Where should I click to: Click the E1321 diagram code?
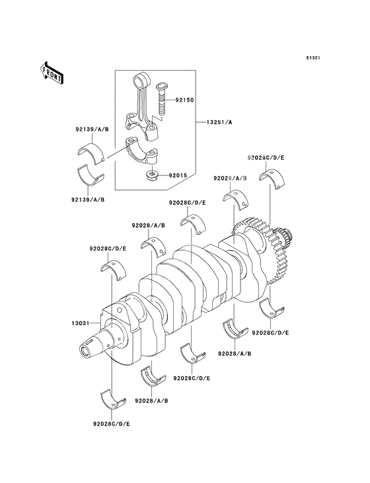[x=313, y=57]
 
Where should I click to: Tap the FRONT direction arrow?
[x=52, y=73]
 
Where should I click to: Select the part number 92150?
[x=185, y=100]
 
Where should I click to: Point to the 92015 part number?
[x=178, y=176]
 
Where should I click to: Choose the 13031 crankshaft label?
[x=80, y=323]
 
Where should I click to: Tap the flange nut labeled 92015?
[x=152, y=176]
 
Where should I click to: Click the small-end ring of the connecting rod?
[x=141, y=80]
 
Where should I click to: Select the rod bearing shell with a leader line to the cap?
[x=91, y=152]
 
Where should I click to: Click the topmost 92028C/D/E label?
[x=266, y=158]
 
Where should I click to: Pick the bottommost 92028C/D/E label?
[x=111, y=424]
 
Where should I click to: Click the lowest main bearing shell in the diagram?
[x=113, y=399]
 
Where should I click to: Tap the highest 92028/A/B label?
[x=231, y=178]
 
